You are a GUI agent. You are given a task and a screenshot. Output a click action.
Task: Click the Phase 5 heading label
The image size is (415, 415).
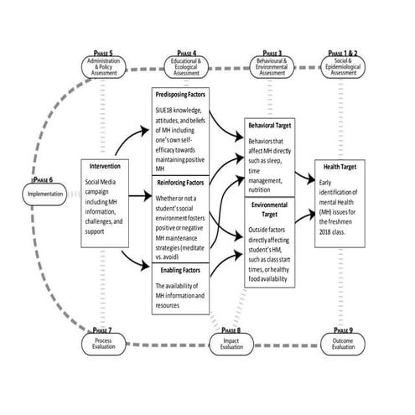pos(106,52)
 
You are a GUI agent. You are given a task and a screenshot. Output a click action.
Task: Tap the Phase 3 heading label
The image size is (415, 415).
pos(272,52)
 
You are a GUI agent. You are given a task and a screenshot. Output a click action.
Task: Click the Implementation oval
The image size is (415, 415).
pos(39,195)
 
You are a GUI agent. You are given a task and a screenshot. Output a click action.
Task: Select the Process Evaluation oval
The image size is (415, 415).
pos(106,343)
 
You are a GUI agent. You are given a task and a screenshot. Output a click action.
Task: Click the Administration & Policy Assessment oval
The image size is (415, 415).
pos(106,68)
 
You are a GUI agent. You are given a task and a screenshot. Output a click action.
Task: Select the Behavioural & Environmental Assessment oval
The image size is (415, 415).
pos(272,68)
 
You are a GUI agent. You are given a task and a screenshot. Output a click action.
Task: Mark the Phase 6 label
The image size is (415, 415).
pos(40,179)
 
